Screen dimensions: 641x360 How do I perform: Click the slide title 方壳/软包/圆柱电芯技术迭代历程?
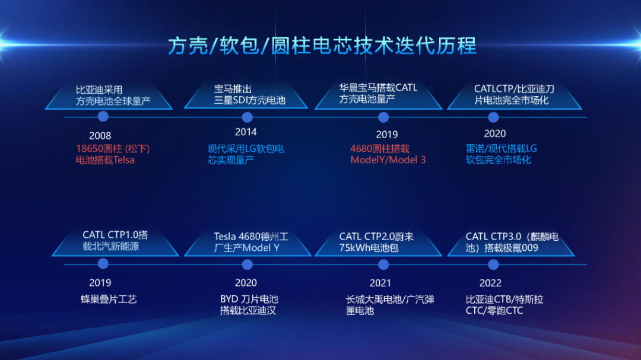click(x=322, y=45)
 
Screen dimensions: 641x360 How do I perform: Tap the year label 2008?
click(x=100, y=135)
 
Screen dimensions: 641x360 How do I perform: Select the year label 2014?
click(x=246, y=132)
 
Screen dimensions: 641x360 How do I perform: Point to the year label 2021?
click(x=380, y=283)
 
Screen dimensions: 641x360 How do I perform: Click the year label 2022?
click(x=490, y=283)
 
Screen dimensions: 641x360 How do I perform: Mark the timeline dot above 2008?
click(x=103, y=116)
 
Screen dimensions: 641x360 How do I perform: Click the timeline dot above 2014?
click(x=247, y=117)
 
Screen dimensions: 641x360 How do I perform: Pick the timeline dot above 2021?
click(x=383, y=265)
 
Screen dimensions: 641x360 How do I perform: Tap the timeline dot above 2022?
click(x=493, y=265)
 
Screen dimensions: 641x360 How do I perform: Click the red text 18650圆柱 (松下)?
click(x=113, y=149)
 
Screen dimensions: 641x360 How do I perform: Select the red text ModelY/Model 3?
click(x=388, y=160)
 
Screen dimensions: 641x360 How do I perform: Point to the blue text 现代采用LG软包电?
click(x=246, y=149)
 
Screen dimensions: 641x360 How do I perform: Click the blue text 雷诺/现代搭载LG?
click(x=501, y=149)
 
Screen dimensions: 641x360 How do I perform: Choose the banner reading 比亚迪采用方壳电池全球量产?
click(x=109, y=95)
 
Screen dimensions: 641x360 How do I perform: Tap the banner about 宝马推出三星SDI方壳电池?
click(x=246, y=94)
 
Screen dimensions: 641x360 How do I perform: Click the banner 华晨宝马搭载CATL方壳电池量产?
click(x=378, y=94)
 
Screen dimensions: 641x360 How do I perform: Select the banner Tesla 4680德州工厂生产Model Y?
click(x=247, y=242)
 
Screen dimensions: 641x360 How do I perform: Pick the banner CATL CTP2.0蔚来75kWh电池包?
click(x=378, y=242)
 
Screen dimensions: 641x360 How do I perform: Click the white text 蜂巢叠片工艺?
click(x=109, y=300)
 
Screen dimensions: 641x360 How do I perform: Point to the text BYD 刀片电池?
click(x=249, y=300)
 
